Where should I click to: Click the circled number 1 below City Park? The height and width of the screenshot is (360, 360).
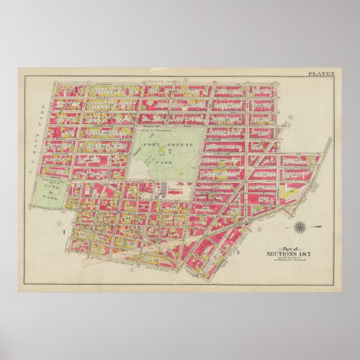59,224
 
